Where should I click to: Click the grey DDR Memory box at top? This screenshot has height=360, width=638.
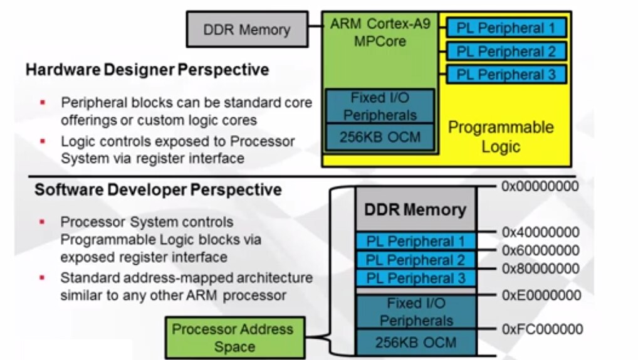click(247, 29)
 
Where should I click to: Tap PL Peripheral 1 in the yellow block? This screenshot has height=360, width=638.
click(506, 28)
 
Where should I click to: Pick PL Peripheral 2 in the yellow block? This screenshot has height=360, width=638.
click(506, 51)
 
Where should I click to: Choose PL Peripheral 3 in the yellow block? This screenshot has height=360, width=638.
click(506, 75)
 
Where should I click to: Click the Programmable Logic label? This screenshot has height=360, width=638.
click(501, 137)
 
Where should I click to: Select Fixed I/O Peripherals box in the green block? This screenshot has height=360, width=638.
click(380, 106)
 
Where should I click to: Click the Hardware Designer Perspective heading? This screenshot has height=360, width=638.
click(147, 69)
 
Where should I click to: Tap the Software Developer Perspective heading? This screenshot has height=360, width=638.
click(158, 189)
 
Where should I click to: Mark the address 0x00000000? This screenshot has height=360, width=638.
click(540, 186)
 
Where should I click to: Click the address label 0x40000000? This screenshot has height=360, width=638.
click(540, 232)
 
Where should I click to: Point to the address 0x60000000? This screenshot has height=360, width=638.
click(540, 251)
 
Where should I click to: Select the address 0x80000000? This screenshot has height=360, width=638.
click(540, 269)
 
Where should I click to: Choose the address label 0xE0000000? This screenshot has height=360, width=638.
click(540, 295)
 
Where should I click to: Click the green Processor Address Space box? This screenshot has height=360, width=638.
click(233, 337)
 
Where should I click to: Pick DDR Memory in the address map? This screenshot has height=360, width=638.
click(416, 209)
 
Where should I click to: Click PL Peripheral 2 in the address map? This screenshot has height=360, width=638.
click(416, 260)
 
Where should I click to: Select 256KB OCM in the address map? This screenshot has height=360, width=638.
click(416, 342)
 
